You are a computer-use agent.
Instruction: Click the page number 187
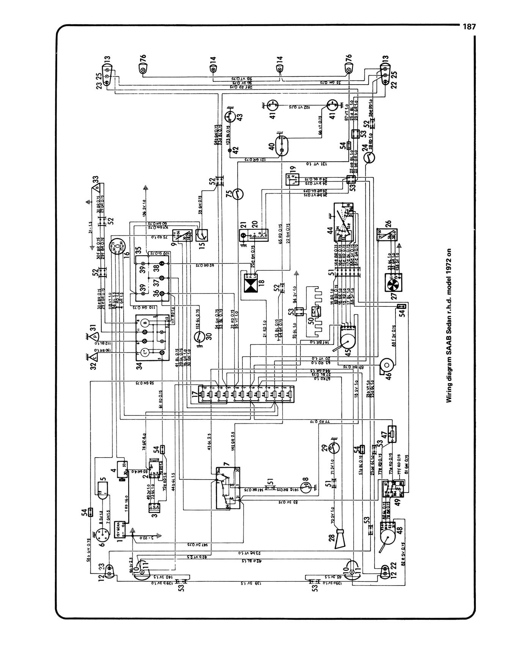468,27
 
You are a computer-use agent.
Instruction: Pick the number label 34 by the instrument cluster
139,366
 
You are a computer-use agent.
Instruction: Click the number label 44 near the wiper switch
330,230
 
